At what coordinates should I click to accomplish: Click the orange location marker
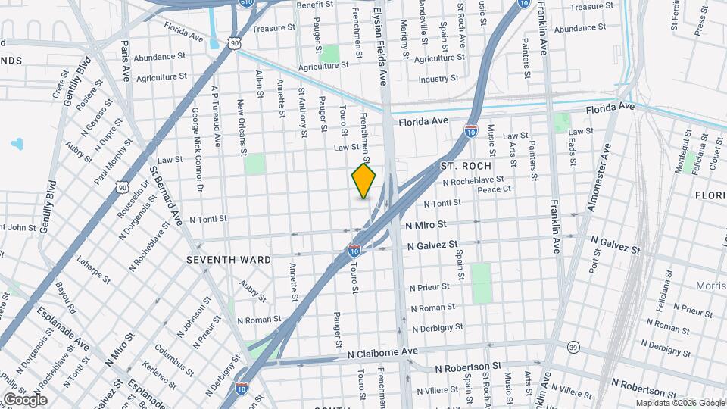point(363,180)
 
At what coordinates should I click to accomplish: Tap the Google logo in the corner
point(25,399)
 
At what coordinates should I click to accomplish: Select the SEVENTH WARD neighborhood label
point(229,260)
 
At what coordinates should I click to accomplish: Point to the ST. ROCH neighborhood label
point(466,165)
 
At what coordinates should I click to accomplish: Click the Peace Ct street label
point(495,189)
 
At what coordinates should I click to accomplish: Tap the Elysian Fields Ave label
point(382,42)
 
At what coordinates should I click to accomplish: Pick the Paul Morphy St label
point(108,160)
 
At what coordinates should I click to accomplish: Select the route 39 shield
point(573,347)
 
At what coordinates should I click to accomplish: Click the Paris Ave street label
point(126,62)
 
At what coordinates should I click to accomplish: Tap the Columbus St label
point(169,359)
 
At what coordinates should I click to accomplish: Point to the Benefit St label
point(315,5)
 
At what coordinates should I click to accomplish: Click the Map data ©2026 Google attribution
point(679,403)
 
